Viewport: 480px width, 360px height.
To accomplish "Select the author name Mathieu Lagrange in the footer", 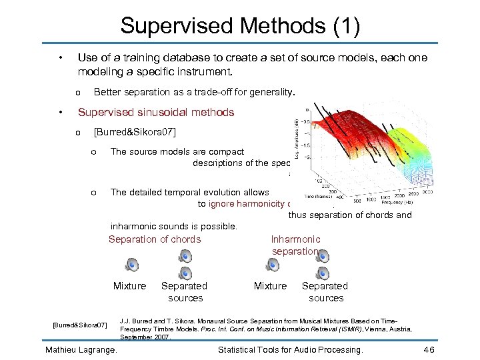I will click(x=81, y=349).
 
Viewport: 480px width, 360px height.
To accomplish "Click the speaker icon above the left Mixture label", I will click(x=132, y=265).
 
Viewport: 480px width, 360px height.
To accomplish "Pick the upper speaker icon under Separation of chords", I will click(x=185, y=256).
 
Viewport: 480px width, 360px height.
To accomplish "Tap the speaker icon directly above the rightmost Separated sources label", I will click(x=323, y=273).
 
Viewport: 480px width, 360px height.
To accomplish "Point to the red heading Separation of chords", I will click(x=154, y=239).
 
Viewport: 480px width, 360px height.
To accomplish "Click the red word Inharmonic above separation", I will click(x=295, y=239).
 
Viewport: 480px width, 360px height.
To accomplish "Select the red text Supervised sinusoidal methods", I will click(x=156, y=112).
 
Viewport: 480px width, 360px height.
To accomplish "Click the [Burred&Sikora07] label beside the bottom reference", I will click(x=79, y=325).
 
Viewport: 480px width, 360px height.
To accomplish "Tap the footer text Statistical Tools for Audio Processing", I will click(x=291, y=349).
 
